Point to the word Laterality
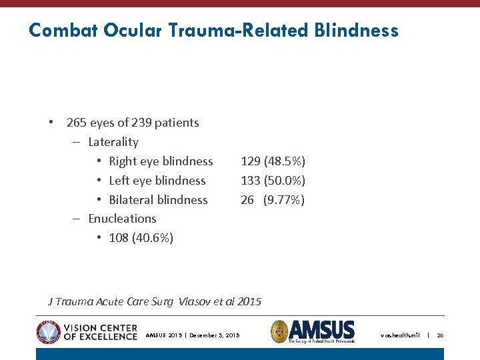pos(113,142)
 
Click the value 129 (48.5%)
pos(273,161)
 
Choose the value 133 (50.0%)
pos(273,181)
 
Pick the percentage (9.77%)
pos(284,200)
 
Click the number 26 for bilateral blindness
pos(247,200)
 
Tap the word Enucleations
pos(122,219)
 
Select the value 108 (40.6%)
pos(141,238)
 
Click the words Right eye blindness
pos(161,161)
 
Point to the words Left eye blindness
pos(157,181)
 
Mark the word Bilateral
pos(131,200)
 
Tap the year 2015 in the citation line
pos(249,302)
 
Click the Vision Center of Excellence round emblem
pos(48,332)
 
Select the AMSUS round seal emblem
pos(279,331)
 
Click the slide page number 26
pos(440,335)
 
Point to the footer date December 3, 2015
pos(214,335)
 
